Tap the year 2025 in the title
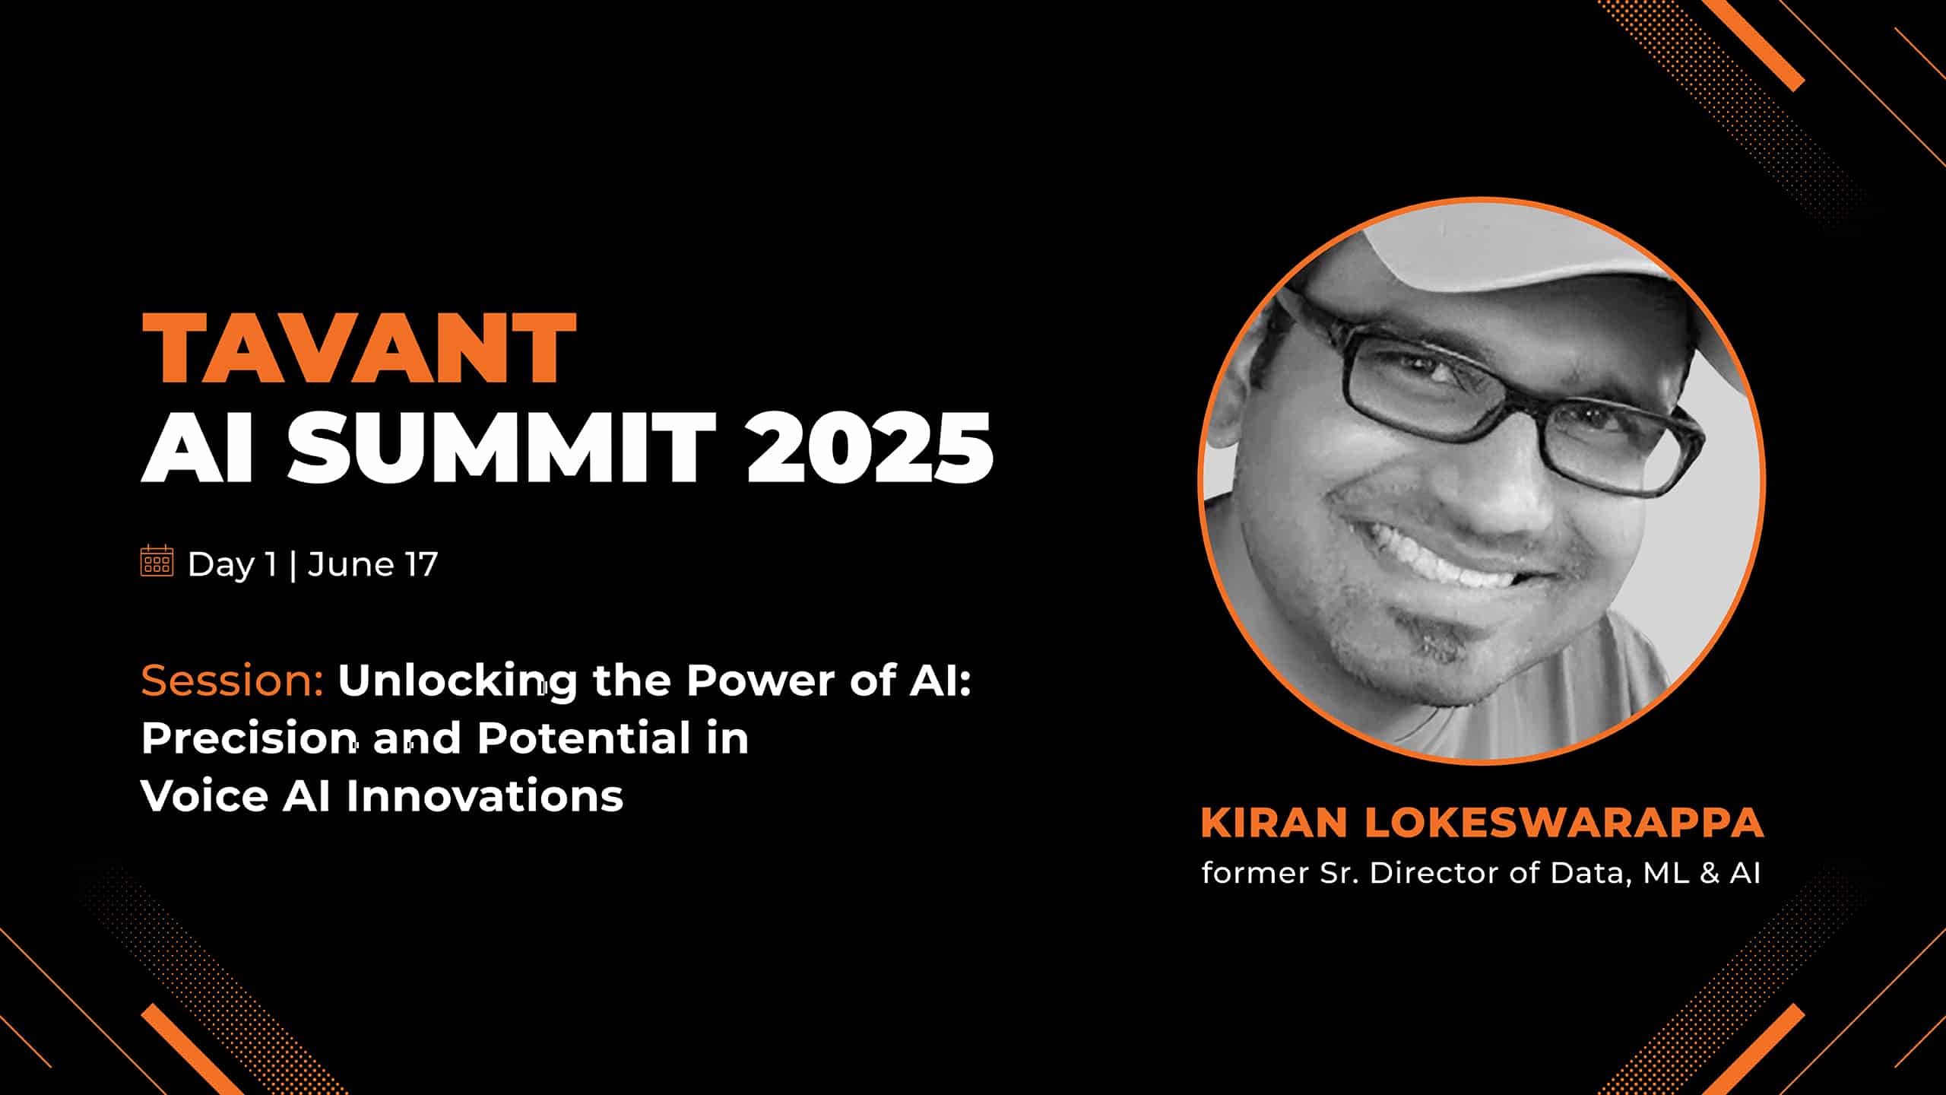point(870,446)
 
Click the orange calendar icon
point(157,561)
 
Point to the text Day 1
point(232,565)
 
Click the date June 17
point(373,565)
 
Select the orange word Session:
point(233,680)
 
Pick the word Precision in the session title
point(249,738)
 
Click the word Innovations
point(484,795)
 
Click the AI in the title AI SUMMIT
point(197,446)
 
